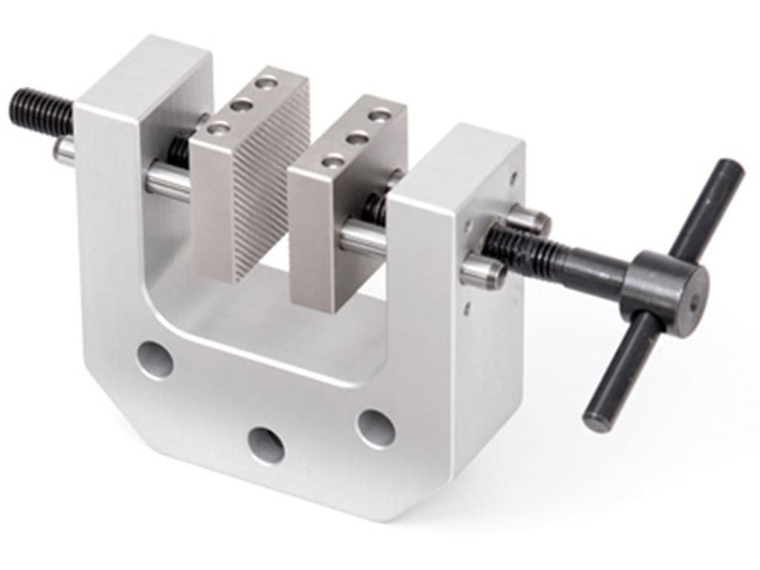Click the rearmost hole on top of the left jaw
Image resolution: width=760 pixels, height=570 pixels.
click(266, 81)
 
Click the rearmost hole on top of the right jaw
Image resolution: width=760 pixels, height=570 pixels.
click(377, 116)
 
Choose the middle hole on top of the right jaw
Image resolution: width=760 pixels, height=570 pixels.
click(353, 138)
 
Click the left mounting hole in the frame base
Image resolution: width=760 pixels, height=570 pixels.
click(157, 359)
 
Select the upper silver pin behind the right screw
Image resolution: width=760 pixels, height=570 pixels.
click(532, 221)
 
